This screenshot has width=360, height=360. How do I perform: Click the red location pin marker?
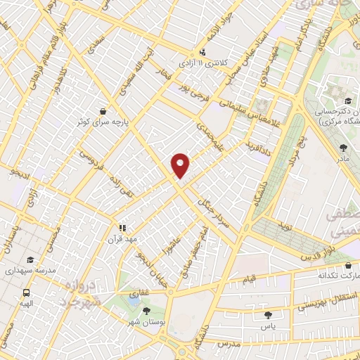coord(181,165)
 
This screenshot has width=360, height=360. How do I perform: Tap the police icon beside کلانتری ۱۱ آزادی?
coord(203,51)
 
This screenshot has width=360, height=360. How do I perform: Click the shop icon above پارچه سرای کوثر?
coord(103,111)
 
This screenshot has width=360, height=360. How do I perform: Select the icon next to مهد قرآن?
coord(122,228)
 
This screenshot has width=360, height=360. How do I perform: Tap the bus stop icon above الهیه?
coord(26,293)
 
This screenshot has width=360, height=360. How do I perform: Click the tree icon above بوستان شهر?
coord(146,309)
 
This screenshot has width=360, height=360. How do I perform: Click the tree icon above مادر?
coord(343,148)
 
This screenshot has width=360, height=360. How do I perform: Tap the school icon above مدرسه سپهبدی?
coord(29,259)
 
